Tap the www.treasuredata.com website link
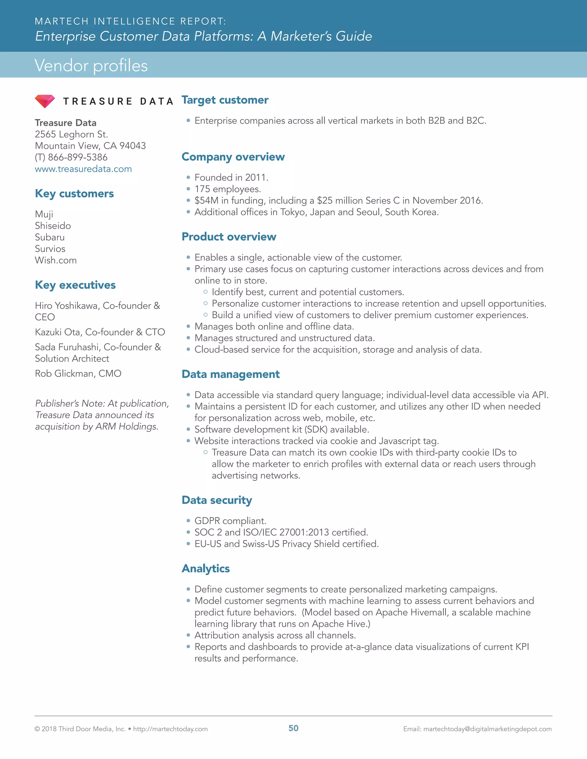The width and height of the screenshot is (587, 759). (83, 169)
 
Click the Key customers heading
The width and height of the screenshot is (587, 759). (75, 193)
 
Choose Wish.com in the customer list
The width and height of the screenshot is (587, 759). (56, 260)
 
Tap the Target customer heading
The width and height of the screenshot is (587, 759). (225, 100)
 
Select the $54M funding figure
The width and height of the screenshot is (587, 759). (206, 200)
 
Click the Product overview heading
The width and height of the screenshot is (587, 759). (229, 237)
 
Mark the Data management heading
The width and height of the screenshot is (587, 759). (230, 374)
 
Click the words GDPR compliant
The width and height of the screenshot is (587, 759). (230, 521)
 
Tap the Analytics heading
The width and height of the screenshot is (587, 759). (206, 568)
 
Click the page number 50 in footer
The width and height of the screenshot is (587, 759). (293, 728)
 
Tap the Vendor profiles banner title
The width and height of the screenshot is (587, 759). (91, 65)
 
